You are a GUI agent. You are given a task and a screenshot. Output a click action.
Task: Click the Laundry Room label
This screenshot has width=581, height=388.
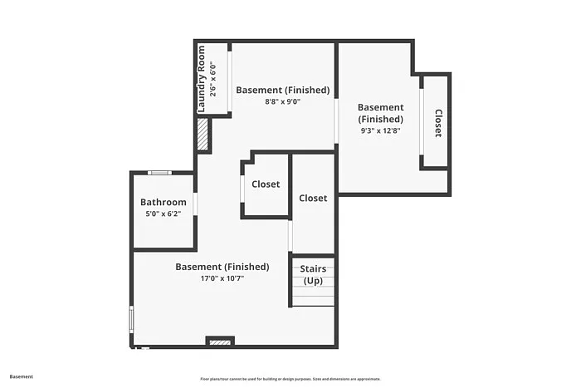pos(201,79)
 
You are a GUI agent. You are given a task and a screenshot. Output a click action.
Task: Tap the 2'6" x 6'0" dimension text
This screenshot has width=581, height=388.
pos(212,79)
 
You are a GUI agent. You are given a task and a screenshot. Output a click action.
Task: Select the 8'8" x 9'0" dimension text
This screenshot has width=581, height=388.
pos(282,101)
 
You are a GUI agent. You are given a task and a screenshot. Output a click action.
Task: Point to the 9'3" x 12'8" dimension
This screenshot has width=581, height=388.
pos(380,130)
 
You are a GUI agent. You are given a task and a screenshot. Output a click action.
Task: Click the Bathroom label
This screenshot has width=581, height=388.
pos(163,202)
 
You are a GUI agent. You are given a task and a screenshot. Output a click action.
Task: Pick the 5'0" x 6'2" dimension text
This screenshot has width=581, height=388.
pos(163,214)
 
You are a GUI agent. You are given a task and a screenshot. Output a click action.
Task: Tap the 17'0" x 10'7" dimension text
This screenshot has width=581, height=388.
pos(222,278)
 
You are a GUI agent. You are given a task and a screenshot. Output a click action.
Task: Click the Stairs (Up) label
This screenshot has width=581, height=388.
pos(313,275)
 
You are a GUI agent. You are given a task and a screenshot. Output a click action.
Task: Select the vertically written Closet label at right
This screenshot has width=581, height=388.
pos(437,123)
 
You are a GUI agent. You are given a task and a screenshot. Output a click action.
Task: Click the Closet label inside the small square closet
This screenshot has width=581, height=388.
pos(266,184)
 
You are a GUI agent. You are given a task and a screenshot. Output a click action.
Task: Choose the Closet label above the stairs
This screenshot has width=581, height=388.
pos(313,198)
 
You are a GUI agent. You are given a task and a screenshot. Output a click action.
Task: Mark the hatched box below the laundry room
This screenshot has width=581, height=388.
pos(202,135)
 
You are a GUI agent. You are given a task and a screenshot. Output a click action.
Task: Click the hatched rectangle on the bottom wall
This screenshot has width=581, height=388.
pos(220,341)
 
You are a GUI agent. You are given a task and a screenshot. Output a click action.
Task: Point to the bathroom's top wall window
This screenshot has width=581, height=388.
pos(159,173)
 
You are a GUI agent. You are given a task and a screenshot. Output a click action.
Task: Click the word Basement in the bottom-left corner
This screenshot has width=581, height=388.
pos(22,376)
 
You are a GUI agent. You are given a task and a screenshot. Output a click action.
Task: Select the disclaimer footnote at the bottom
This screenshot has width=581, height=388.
pos(290,378)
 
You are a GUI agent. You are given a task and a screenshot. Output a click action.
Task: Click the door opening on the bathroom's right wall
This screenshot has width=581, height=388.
pos(196,204)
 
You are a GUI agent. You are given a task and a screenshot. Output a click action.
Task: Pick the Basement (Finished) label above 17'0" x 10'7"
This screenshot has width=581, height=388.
pos(222,267)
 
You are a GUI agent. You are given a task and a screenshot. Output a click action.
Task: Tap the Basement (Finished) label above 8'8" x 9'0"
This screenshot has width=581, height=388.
pos(282,90)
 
